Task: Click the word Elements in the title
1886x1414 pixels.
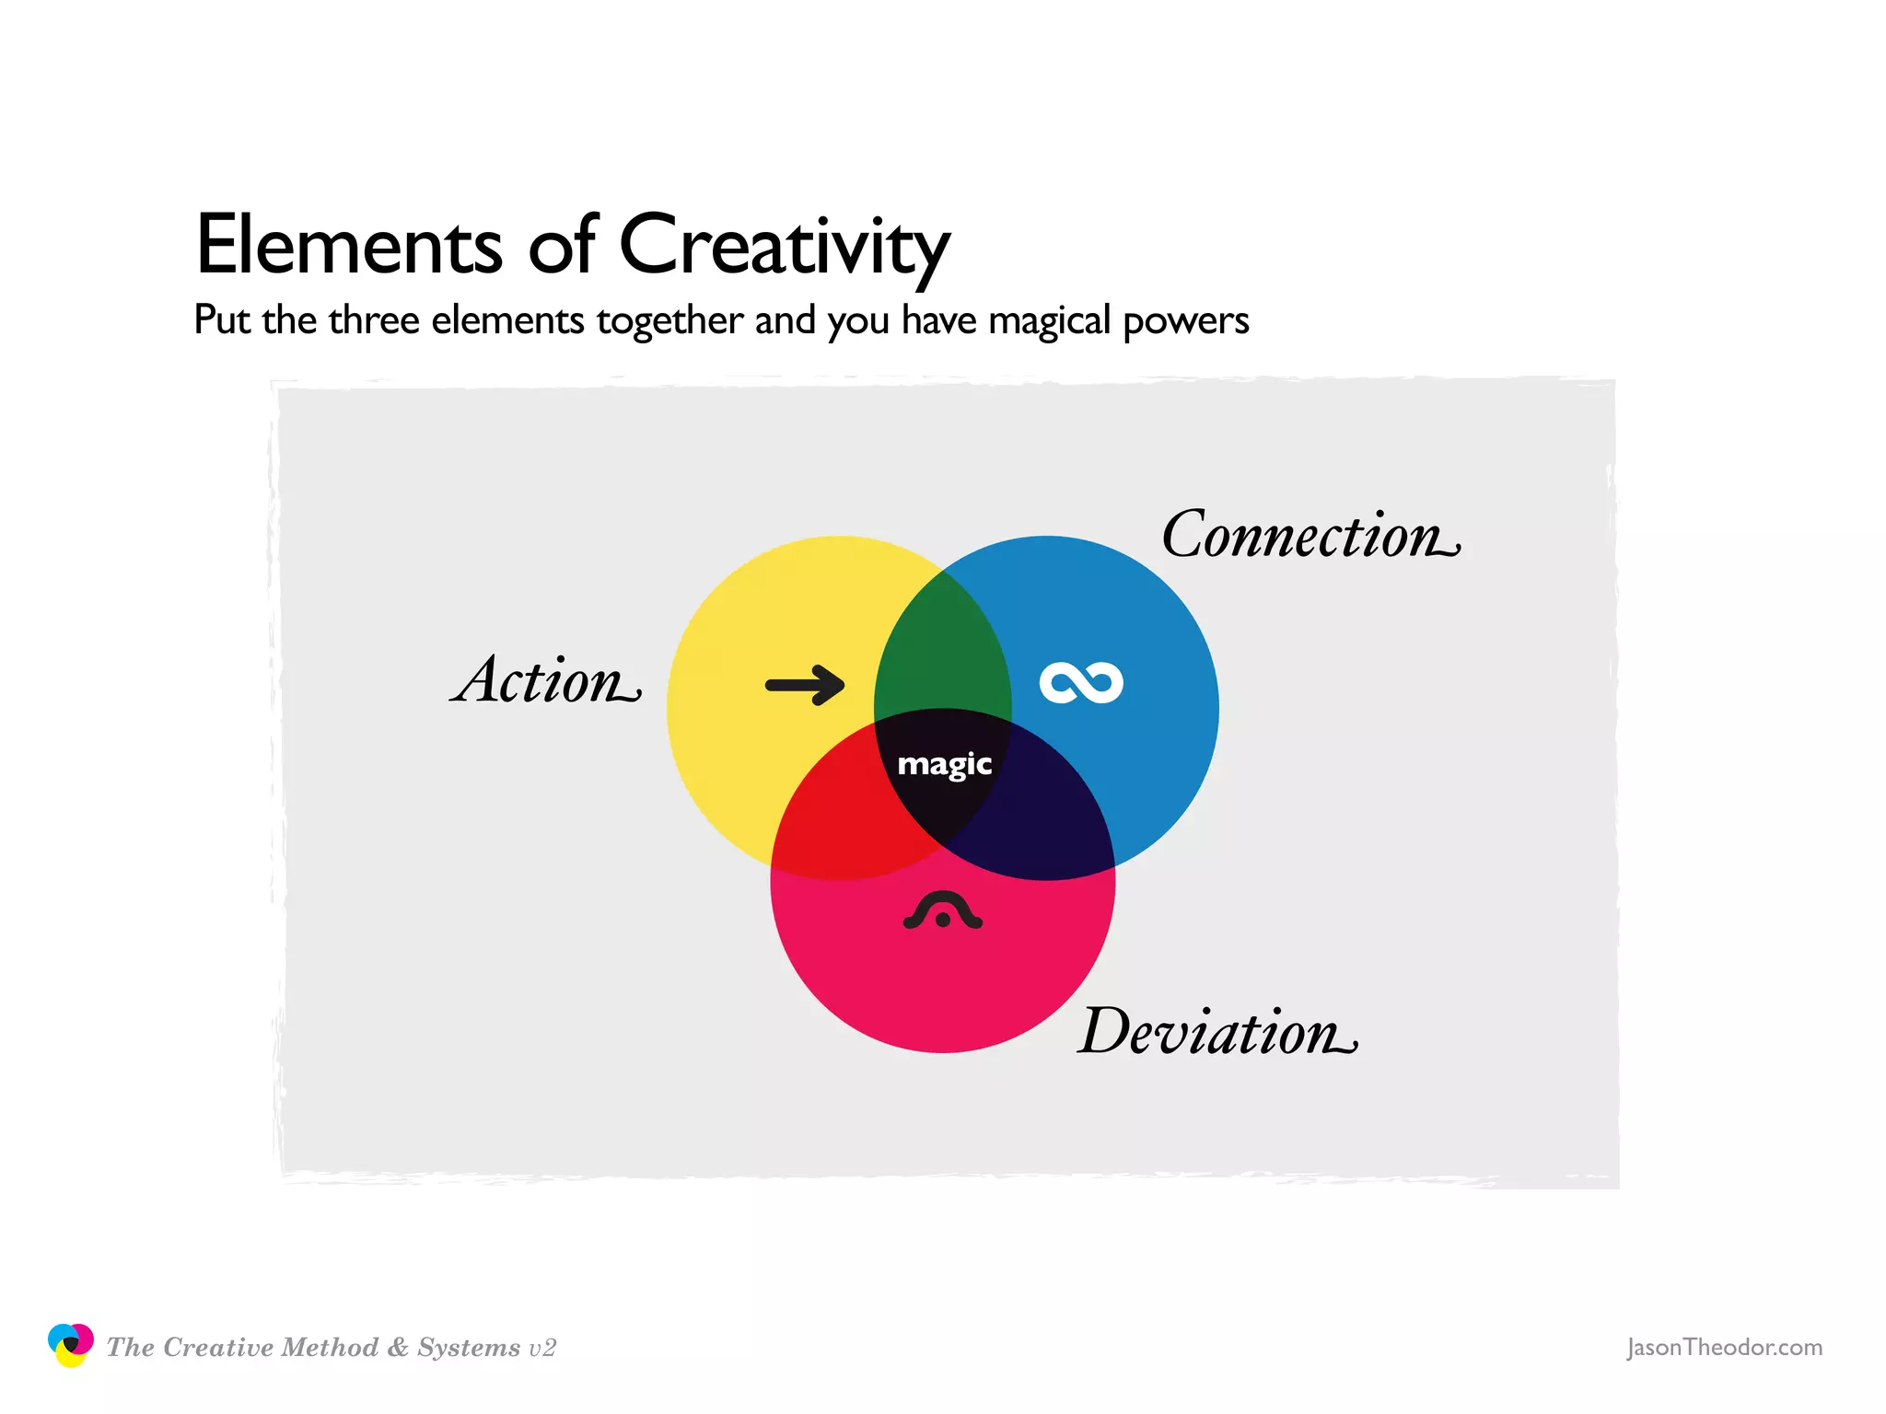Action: tap(349, 245)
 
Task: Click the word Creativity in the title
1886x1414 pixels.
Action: tap(784, 247)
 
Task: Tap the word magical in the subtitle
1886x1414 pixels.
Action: tap(1050, 321)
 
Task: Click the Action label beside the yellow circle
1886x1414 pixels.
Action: tap(545, 681)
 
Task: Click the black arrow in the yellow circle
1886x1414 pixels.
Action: tap(805, 685)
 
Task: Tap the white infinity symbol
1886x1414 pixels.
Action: tap(1081, 683)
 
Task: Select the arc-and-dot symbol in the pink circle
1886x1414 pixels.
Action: tap(942, 910)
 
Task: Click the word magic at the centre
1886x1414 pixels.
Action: tap(944, 765)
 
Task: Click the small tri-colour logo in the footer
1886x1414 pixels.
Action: tap(70, 1346)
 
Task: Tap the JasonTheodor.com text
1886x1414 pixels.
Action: tap(1724, 1348)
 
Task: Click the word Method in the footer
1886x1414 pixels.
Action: tap(330, 1348)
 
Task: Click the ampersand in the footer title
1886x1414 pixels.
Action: tap(398, 1348)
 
